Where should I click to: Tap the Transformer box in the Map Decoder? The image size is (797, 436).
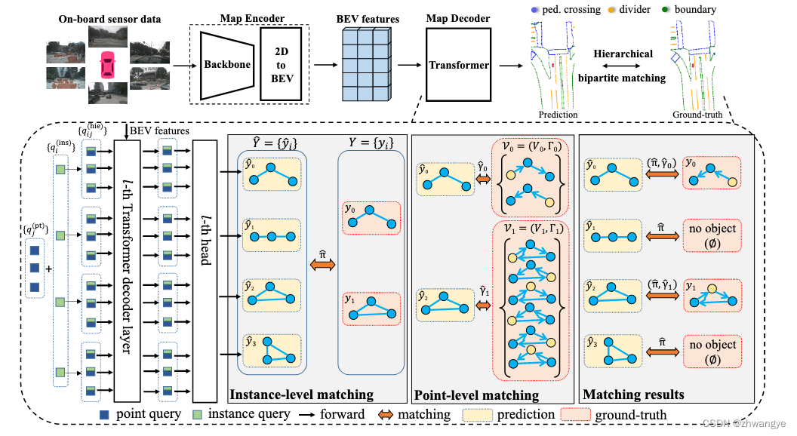[x=459, y=66]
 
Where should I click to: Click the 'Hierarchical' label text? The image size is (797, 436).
[x=623, y=54]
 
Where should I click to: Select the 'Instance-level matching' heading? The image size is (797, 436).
[x=301, y=395]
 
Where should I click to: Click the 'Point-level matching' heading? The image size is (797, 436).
[x=476, y=395]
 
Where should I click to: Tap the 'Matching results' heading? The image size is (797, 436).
[x=633, y=395]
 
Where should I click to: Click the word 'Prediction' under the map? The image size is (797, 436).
[x=558, y=115]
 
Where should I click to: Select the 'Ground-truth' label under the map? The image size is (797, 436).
[x=697, y=115]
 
